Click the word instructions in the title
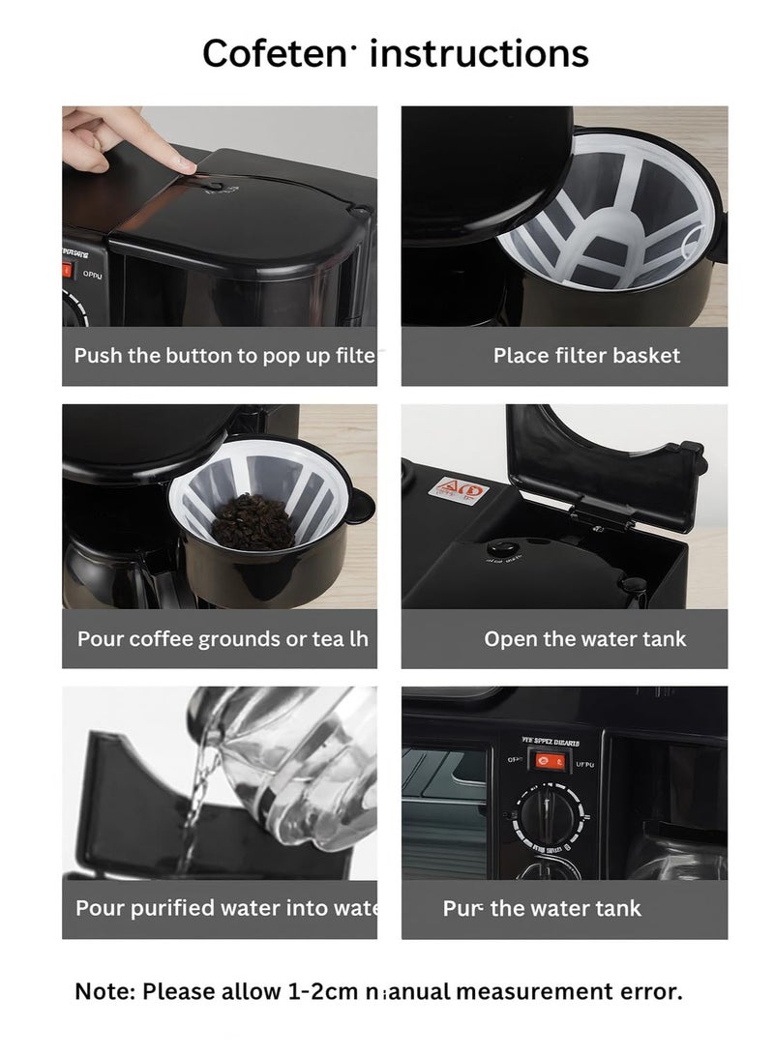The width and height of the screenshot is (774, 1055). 480,53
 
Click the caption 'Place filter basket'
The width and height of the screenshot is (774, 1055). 586,355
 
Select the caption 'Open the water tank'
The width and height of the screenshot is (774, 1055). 585,638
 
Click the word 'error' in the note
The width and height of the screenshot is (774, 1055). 648,990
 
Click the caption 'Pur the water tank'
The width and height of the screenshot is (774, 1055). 542,908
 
